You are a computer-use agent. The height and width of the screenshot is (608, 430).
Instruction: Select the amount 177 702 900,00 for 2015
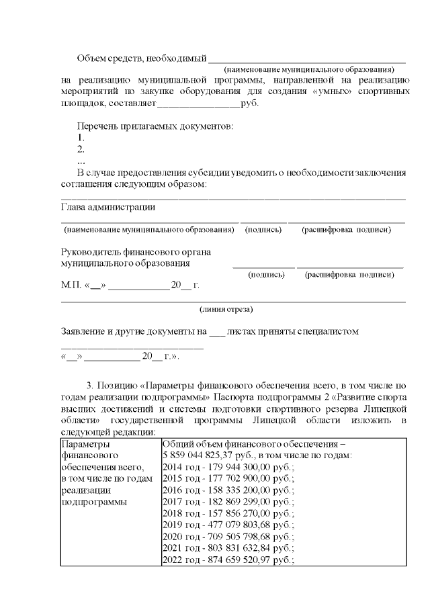click(239, 478)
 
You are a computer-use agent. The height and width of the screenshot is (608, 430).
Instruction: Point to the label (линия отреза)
click(226, 310)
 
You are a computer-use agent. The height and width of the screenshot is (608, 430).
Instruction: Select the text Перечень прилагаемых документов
click(155, 126)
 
